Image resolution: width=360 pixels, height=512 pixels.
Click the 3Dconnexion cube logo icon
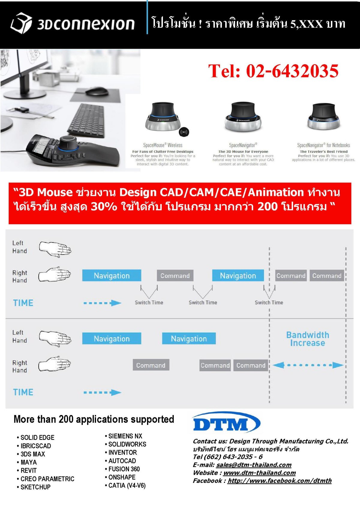coord(21,23)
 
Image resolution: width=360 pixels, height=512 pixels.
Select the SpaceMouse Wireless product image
coord(162,116)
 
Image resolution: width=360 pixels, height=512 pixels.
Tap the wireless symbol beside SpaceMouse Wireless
coord(184,132)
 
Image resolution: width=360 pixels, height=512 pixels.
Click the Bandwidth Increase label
coord(307,339)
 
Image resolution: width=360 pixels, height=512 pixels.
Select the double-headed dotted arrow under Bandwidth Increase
coord(308,365)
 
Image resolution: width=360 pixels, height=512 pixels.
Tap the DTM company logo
coord(226,422)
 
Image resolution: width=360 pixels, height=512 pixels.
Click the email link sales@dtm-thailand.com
coord(254,465)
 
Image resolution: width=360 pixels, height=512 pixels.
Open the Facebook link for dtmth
coord(280,480)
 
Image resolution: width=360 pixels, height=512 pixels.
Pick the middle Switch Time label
coord(203,303)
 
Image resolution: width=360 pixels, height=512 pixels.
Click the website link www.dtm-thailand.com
coord(259,473)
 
